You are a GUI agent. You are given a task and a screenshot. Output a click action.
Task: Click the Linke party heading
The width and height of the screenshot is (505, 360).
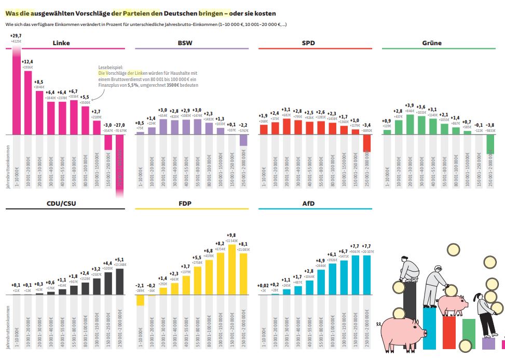[x=61, y=43]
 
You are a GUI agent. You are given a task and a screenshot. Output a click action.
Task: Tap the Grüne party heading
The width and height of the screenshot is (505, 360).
[x=432, y=43]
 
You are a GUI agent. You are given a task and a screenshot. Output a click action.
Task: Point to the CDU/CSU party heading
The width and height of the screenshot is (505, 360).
[x=61, y=204]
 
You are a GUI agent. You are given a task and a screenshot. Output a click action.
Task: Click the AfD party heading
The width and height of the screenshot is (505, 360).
[x=308, y=204]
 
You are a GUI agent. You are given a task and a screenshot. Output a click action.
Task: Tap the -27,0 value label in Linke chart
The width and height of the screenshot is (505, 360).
[x=120, y=125]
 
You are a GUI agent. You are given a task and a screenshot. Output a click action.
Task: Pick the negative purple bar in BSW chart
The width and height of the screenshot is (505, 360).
[x=243, y=140]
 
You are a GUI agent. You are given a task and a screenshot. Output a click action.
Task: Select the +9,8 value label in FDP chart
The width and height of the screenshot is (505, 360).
[x=232, y=235]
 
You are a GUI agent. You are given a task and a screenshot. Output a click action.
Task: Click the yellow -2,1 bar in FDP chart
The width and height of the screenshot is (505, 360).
[x=140, y=300]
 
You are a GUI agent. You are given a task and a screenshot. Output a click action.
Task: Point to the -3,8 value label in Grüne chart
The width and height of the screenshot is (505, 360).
[x=490, y=125]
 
